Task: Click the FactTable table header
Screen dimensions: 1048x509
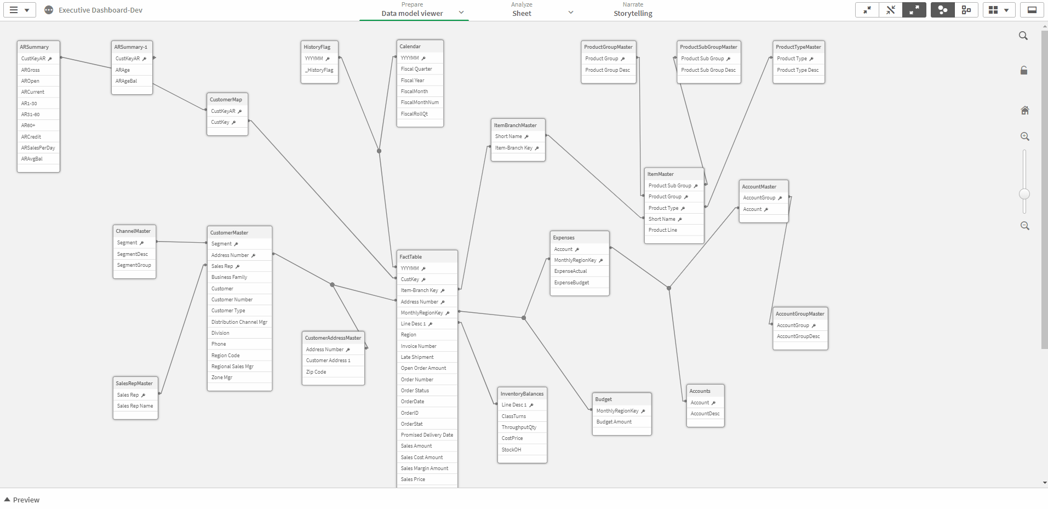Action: click(x=410, y=257)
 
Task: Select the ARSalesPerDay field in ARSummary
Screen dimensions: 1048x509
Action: click(x=38, y=148)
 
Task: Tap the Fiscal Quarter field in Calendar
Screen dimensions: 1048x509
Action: click(x=416, y=69)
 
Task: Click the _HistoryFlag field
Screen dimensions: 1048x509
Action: click(x=319, y=70)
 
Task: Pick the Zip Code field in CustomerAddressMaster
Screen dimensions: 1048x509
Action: click(x=316, y=372)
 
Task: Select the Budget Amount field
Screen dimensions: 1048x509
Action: click(x=614, y=422)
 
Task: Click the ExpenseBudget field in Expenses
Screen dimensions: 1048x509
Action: click(x=572, y=283)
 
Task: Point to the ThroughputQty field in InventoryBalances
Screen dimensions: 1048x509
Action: click(x=519, y=427)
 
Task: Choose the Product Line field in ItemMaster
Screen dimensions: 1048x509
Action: click(x=663, y=230)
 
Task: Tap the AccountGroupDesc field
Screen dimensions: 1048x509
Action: click(x=798, y=336)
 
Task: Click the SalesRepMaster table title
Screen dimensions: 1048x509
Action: click(x=134, y=384)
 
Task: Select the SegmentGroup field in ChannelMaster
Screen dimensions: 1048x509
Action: click(x=134, y=265)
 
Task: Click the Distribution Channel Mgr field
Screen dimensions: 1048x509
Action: click(x=239, y=322)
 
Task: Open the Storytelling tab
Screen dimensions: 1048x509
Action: click(x=633, y=14)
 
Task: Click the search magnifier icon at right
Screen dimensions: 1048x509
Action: click(x=1023, y=36)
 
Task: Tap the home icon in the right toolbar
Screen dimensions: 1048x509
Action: click(x=1025, y=110)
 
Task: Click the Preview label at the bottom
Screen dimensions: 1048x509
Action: click(x=26, y=500)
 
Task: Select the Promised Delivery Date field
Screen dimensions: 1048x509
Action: click(x=427, y=435)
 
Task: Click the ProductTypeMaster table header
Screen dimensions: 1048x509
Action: click(x=798, y=47)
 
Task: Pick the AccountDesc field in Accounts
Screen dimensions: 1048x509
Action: click(x=705, y=414)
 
